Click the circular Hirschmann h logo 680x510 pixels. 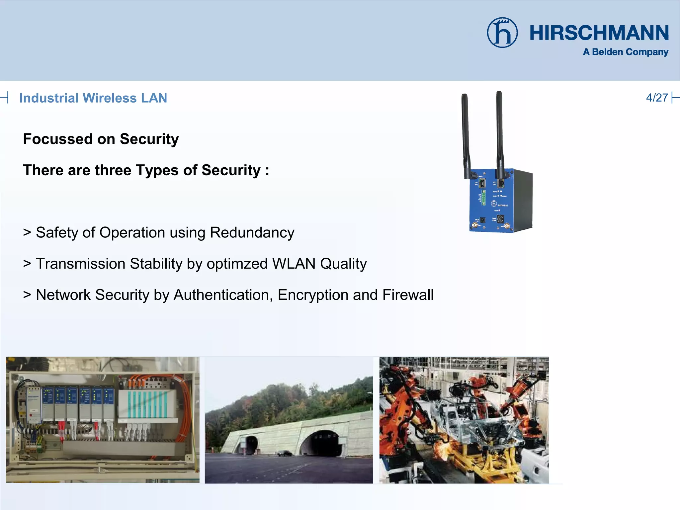[502, 33]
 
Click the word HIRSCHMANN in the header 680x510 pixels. [599, 33]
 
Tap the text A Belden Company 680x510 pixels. [626, 52]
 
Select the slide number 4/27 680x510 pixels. [657, 98]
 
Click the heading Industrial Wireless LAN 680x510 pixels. [93, 98]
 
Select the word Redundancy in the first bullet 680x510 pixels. [252, 232]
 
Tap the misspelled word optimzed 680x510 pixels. [237, 264]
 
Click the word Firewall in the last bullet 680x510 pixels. [408, 295]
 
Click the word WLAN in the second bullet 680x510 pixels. [294, 264]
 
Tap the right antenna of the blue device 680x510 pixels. [499, 133]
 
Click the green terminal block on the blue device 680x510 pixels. [484, 196]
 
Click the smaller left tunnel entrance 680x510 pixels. [251, 444]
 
